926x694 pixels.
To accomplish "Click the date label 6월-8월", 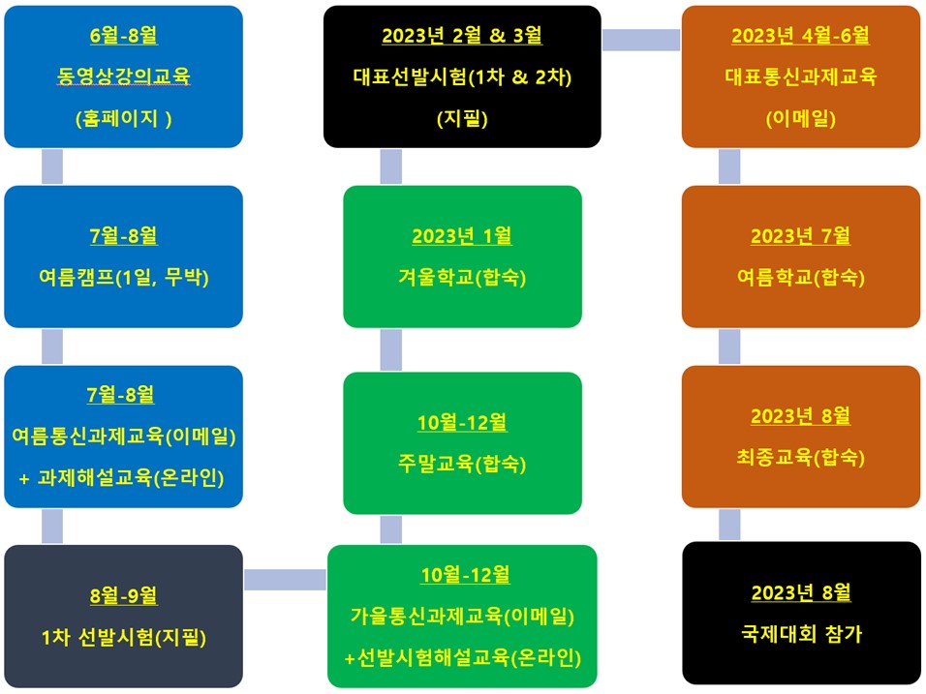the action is (123, 36).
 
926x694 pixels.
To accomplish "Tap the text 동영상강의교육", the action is (123, 76).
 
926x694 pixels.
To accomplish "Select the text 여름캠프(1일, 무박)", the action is (123, 277).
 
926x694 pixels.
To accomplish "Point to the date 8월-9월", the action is (123, 595).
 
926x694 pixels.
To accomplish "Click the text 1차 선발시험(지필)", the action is (123, 637).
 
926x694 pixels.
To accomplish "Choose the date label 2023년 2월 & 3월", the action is (462, 36).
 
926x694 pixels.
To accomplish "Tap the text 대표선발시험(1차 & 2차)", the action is (462, 76).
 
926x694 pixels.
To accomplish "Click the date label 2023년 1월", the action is (462, 235).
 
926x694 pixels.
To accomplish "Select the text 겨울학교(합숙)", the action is (462, 277).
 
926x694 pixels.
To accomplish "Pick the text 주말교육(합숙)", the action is (462, 464).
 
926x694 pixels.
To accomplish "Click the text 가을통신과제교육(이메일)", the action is (462, 617).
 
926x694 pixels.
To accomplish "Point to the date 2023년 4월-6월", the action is (800, 36).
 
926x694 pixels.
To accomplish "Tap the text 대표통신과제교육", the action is (800, 76).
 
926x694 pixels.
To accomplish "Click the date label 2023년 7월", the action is (800, 235).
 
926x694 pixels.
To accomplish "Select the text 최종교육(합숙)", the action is (800, 457).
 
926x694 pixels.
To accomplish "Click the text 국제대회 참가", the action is (801, 634).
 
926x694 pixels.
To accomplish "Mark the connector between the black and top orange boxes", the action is (641, 40).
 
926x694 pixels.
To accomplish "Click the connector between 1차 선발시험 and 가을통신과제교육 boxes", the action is (285, 580).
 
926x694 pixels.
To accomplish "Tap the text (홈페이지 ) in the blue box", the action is (123, 119).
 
